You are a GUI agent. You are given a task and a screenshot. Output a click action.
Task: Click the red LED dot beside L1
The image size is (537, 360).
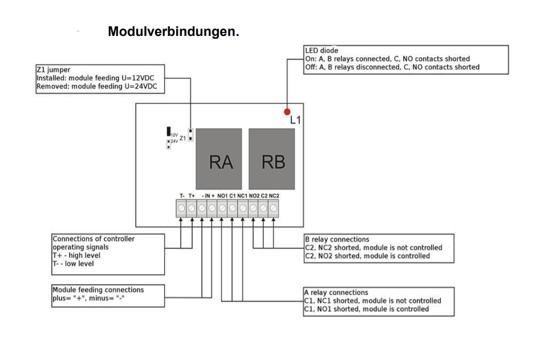click(287, 112)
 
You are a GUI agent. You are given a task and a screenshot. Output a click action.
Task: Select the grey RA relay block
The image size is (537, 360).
click(221, 159)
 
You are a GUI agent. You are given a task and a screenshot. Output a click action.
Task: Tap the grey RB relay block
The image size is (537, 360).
click(272, 159)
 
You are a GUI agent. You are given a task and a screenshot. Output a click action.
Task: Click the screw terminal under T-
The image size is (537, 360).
click(182, 208)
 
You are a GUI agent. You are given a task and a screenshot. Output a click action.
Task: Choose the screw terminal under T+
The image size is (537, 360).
click(192, 208)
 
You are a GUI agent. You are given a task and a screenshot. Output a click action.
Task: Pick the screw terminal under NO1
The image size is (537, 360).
click(222, 208)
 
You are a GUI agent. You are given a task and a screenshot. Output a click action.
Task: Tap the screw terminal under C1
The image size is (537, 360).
click(232, 208)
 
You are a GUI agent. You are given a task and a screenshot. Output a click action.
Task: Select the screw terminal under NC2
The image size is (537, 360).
click(274, 208)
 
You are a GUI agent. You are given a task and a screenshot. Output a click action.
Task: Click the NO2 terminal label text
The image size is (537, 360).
click(253, 196)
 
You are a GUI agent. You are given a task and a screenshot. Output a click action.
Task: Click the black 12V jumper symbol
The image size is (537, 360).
click(169, 132)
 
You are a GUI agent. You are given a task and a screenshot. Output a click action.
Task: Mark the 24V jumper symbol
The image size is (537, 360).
click(169, 144)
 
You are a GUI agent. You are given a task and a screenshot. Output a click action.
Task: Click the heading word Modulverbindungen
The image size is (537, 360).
click(173, 32)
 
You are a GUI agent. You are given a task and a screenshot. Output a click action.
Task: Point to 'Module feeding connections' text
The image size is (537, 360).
click(98, 290)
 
